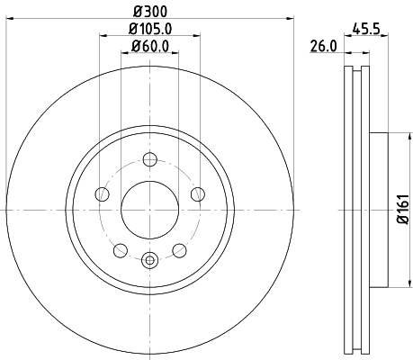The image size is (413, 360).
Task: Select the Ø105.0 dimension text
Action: coord(150,29)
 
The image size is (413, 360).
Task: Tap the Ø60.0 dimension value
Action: coord(150,47)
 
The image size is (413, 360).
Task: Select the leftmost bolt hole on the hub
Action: coord(103,193)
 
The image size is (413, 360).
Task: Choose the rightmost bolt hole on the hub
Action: coord(198,193)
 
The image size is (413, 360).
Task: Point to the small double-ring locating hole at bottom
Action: coord(150,261)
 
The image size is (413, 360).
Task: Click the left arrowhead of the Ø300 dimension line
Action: coord(10,17)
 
